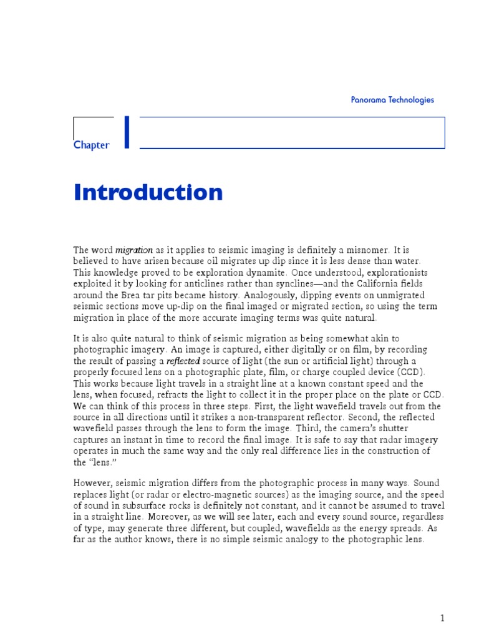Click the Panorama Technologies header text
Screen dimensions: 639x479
[392, 100]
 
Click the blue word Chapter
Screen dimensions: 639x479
[91, 145]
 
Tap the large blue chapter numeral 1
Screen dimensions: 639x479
[127, 133]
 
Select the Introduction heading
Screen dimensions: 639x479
[148, 192]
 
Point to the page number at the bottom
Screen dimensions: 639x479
[442, 618]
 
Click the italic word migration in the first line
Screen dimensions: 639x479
[134, 250]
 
